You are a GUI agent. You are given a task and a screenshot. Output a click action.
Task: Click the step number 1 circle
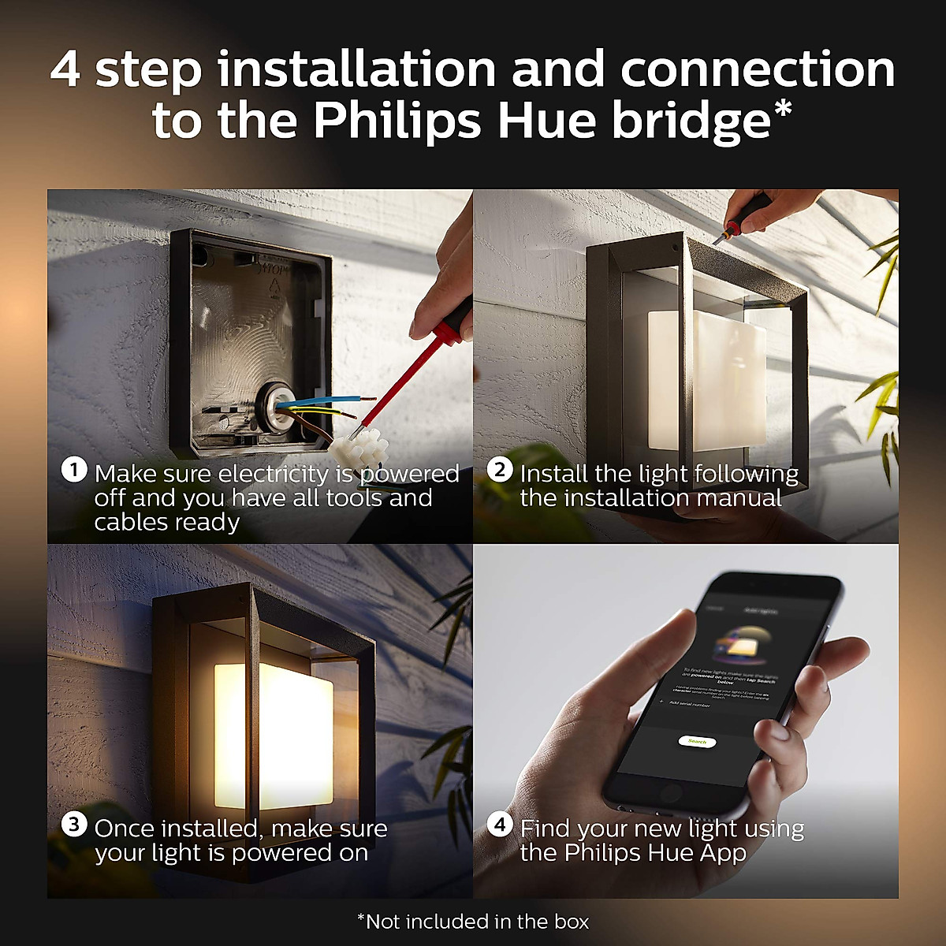pos(73,471)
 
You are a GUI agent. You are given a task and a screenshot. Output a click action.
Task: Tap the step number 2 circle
pos(499,471)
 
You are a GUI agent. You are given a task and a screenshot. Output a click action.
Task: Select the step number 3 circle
pos(73,825)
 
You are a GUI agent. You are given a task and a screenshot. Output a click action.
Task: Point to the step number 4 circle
pos(499,825)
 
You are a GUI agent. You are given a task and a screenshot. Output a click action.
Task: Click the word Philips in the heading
pos(398,121)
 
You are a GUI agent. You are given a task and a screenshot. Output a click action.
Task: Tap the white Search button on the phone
pos(697,741)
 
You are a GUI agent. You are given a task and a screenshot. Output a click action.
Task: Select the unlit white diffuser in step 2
pos(706,378)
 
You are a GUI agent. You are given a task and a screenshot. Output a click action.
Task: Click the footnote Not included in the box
pos(473,922)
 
